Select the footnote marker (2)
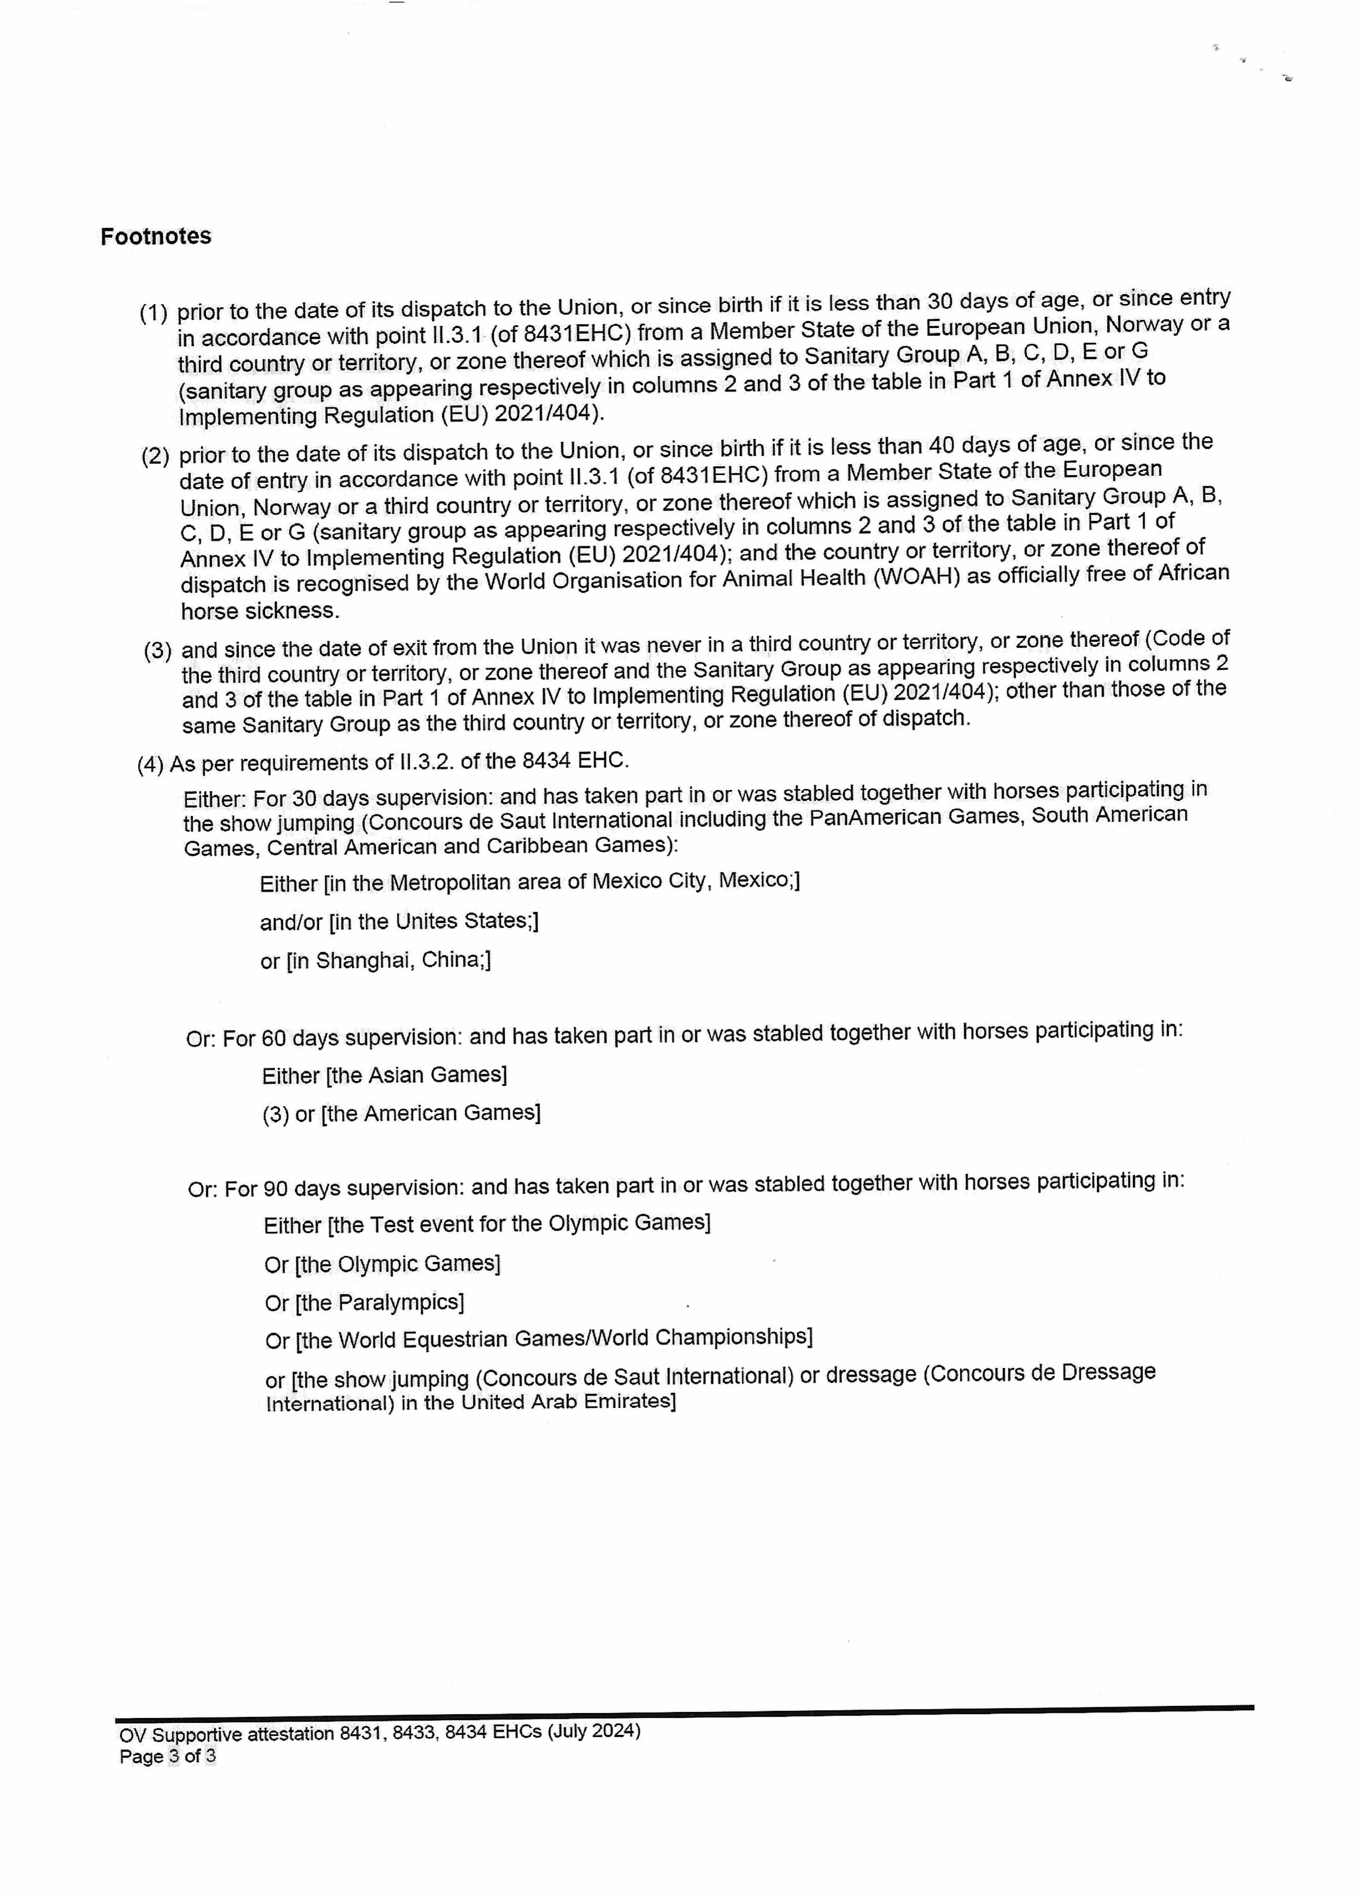click(155, 456)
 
